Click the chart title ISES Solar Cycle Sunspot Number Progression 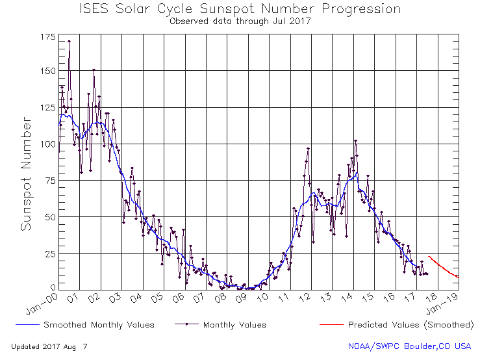click(240, 9)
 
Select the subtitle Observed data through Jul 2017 click(240, 21)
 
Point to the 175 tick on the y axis click(48, 38)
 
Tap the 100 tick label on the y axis click(48, 144)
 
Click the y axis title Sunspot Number click(27, 174)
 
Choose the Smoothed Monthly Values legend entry click(98, 324)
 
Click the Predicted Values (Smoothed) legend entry click(410, 324)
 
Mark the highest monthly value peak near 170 click(69, 41)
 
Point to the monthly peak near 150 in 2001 click(94, 70)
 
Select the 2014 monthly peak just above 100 click(355, 140)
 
